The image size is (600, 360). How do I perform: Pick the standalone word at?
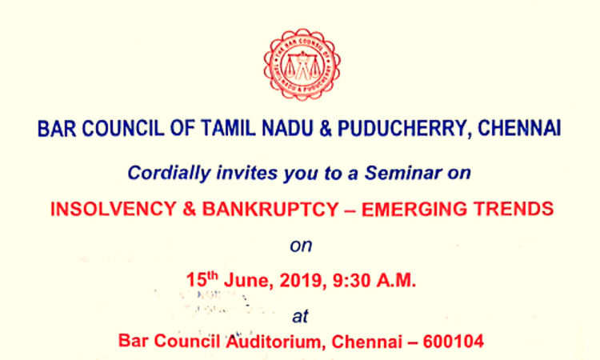click(300, 316)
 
